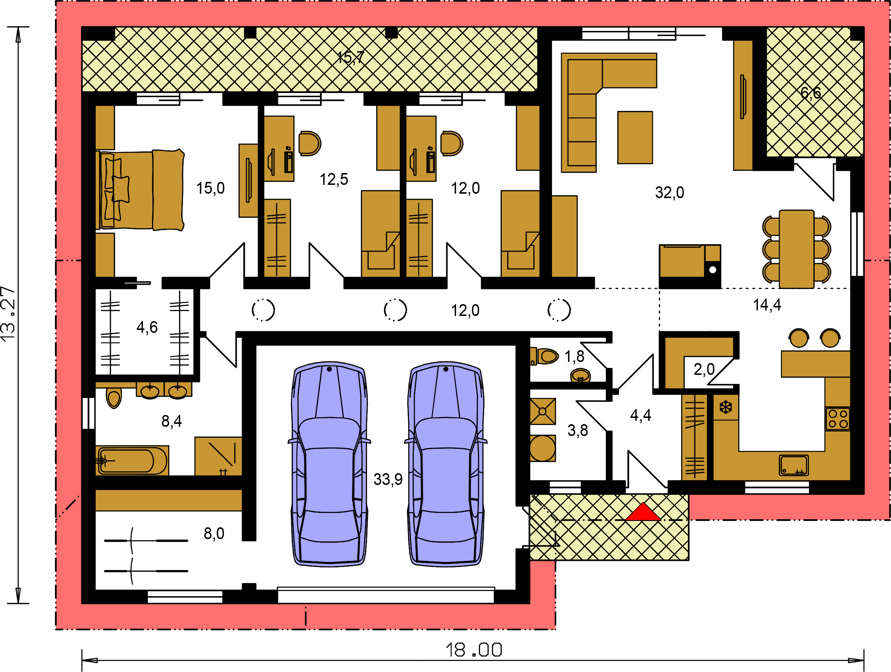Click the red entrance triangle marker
643,513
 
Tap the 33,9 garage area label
388,479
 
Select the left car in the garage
329,464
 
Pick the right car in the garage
445,464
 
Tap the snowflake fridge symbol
726,407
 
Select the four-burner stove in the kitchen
838,419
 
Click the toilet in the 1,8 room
545,356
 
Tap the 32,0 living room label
669,193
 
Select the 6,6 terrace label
810,93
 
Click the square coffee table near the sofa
635,137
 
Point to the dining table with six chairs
796,249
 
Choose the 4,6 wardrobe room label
147,327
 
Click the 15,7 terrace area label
351,57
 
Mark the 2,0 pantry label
704,369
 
